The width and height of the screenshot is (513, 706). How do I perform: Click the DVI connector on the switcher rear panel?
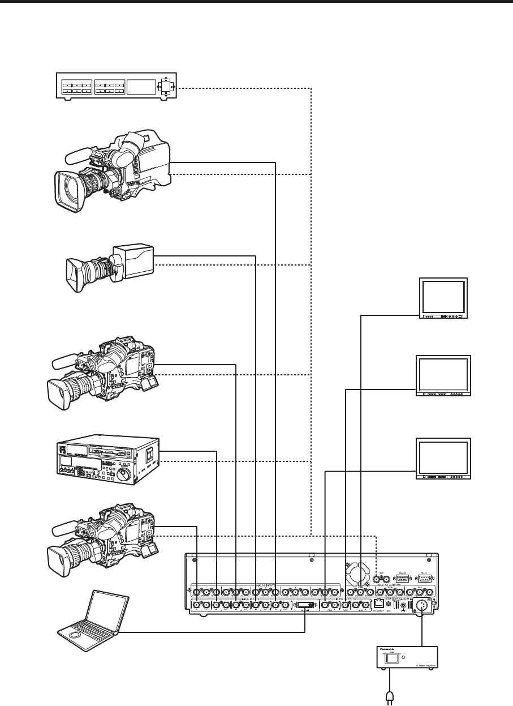(304, 606)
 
